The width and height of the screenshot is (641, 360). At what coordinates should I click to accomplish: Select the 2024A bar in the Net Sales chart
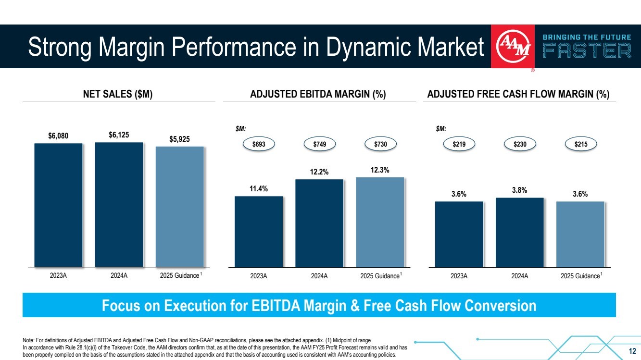click(x=119, y=204)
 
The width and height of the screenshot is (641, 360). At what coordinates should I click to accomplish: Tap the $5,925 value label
click(x=179, y=139)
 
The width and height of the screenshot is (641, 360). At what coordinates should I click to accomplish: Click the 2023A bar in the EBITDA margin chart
click(x=259, y=231)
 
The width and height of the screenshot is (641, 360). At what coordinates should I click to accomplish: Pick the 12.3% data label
click(x=380, y=170)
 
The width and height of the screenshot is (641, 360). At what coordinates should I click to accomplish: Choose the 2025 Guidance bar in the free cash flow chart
click(x=580, y=234)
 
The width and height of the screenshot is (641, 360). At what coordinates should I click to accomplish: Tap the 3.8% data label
click(x=520, y=190)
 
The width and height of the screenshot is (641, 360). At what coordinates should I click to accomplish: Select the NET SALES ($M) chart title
click(x=118, y=95)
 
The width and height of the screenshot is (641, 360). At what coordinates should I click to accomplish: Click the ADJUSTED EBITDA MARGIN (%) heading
click(x=318, y=95)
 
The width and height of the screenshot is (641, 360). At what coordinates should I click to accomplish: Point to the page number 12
click(x=632, y=349)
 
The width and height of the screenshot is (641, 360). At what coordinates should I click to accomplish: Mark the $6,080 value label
click(x=58, y=136)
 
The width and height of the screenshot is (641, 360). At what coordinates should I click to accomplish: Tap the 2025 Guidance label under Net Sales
click(x=178, y=276)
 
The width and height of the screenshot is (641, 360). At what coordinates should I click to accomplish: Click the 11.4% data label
click(x=259, y=189)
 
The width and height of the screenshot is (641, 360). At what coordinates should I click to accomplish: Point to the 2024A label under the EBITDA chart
click(x=319, y=276)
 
